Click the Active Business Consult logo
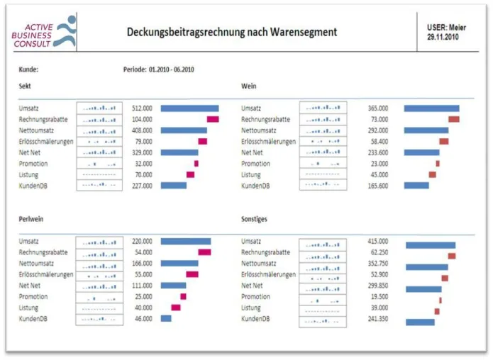pos(44,32)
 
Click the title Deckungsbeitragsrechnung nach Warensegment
pos(232,32)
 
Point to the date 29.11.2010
pos(443,37)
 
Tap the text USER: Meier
pos(446,28)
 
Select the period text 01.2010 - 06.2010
pos(172,69)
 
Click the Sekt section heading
pos(25,86)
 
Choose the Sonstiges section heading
pos(254,219)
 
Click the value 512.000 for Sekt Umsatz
pos(142,108)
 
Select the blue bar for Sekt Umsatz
pos(189,108)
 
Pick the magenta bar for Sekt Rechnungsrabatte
pos(213,119)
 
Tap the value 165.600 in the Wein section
pos(378,186)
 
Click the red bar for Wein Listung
pos(432,174)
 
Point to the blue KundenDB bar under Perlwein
pos(166,318)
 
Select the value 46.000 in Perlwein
pos(143,318)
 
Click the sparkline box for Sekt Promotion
pos(99,164)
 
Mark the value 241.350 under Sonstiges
pos(378,318)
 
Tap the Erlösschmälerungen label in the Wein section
pos(269,141)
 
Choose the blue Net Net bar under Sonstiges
pos(423,289)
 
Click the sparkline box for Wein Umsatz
pos(323,108)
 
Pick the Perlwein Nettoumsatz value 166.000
pos(142,263)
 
